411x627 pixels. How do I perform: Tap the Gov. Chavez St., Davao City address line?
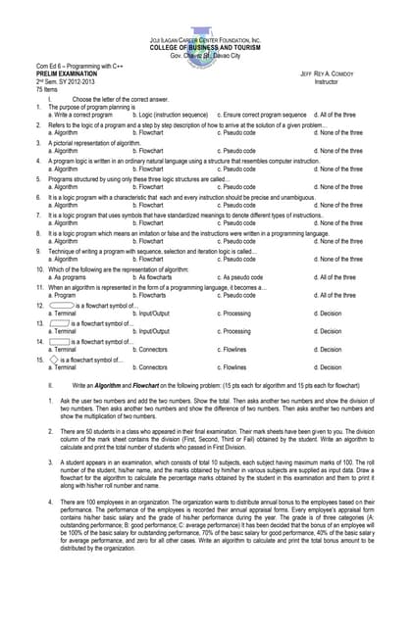click(205, 56)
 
